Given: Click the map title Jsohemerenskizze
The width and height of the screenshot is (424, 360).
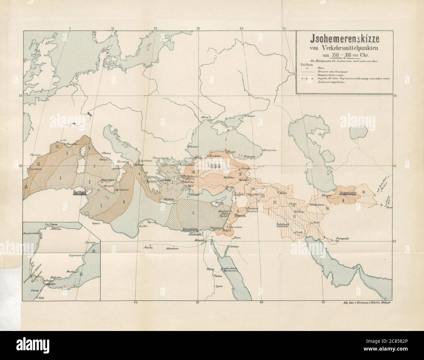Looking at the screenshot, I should coord(344,38).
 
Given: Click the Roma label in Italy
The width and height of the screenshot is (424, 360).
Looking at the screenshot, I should coord(108,153).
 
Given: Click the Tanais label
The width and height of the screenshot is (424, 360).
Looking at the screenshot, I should coord(250,115).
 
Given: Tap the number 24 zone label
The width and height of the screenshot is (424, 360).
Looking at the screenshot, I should coord(252,189).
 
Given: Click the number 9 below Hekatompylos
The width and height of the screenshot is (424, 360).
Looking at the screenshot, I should coord(343,201).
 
